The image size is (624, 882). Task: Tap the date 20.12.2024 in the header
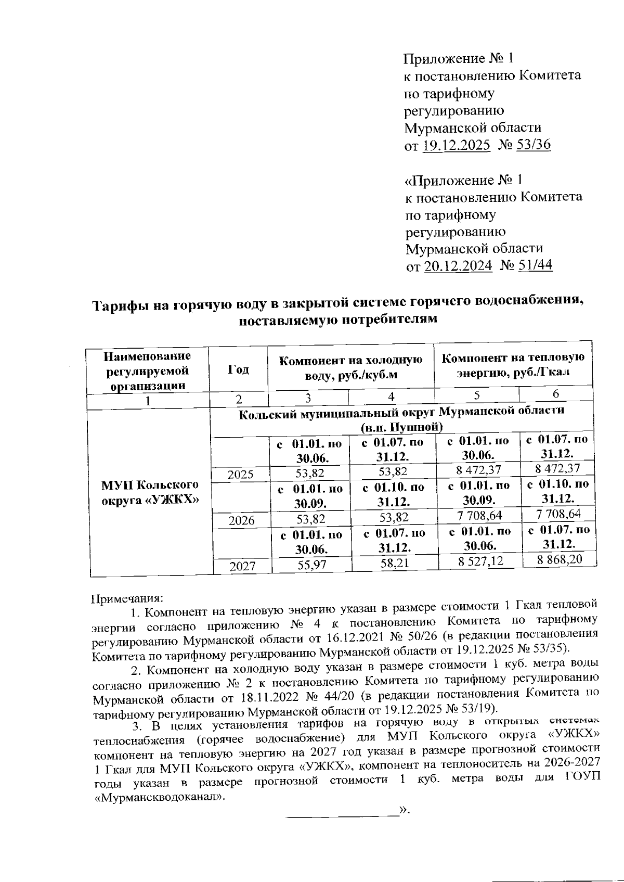coord(458,266)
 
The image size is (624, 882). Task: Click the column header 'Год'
coord(238,370)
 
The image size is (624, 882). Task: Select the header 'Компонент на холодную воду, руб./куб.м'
coord(350,367)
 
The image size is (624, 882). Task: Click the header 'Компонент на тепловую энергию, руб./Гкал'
coord(513,364)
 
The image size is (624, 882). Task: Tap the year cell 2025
coord(240,474)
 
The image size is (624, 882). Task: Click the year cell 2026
coord(241,520)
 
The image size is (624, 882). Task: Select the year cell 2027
coord(243,566)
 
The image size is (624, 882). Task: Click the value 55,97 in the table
coord(311,565)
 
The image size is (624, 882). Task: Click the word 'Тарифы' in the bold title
coord(119,305)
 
